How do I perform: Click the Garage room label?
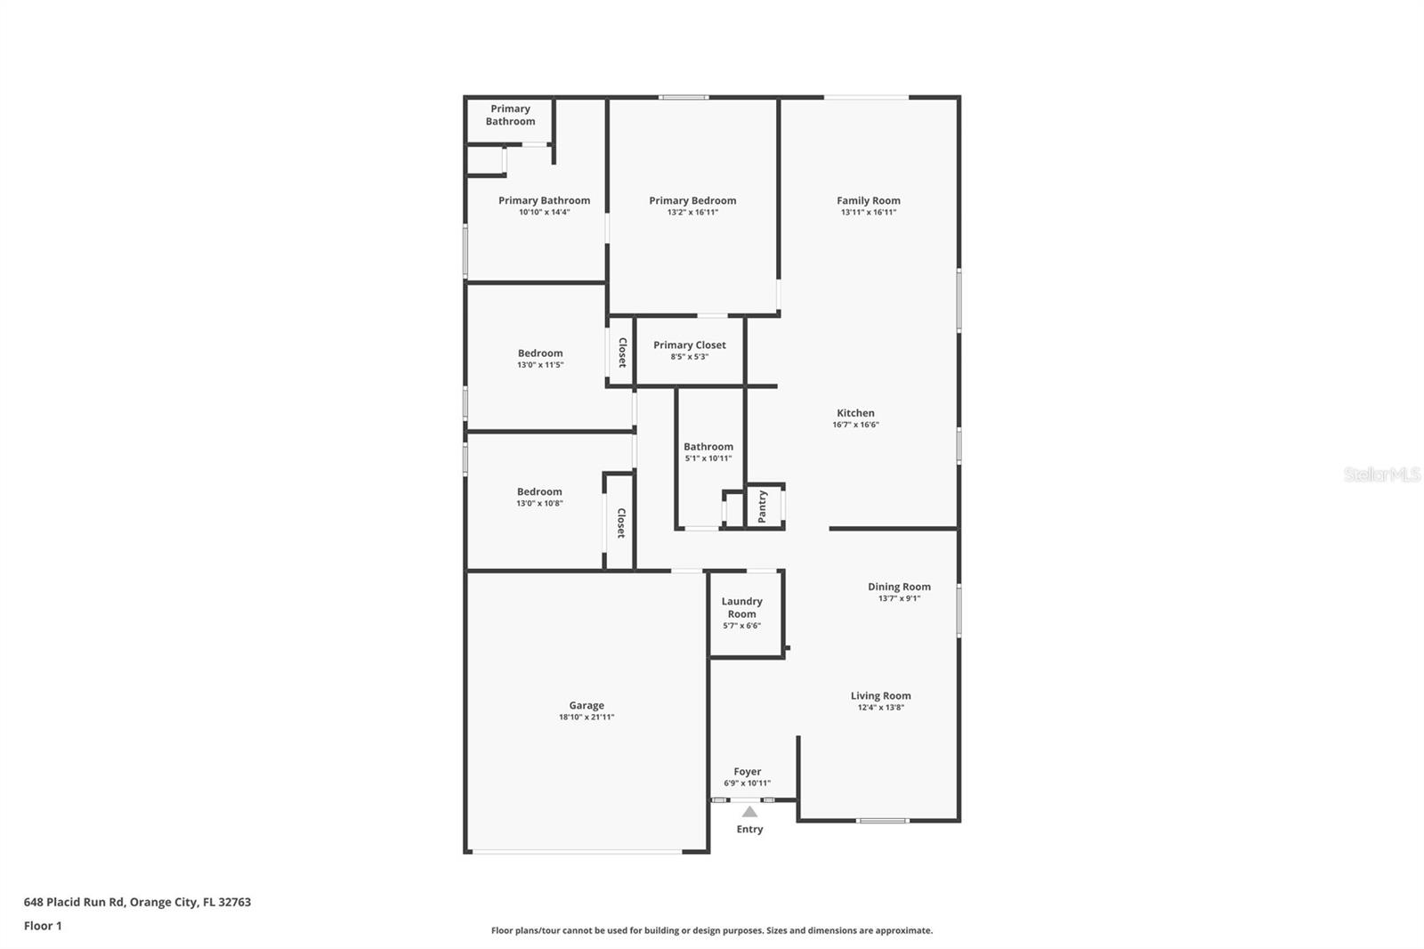click(x=587, y=705)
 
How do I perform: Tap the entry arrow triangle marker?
click(x=749, y=812)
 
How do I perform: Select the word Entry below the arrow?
click(x=749, y=829)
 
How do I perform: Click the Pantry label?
click(x=763, y=507)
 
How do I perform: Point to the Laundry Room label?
click(x=741, y=607)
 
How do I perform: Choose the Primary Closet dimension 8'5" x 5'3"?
click(x=689, y=357)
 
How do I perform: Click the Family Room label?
click(x=868, y=200)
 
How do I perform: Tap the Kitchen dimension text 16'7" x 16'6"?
click(x=855, y=425)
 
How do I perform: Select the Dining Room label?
click(x=899, y=587)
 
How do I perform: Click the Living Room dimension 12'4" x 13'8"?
click(x=880, y=708)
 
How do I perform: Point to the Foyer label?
click(x=747, y=772)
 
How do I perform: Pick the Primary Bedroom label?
click(x=692, y=200)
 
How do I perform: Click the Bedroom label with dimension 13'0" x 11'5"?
click(x=540, y=353)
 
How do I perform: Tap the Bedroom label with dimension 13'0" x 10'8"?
click(x=539, y=491)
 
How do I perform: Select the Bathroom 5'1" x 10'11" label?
click(x=708, y=447)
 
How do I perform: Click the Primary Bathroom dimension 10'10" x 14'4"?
click(x=544, y=212)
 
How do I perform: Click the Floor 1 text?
click(x=43, y=926)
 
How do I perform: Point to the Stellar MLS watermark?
click(x=1381, y=474)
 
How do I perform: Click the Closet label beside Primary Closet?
click(x=622, y=353)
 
